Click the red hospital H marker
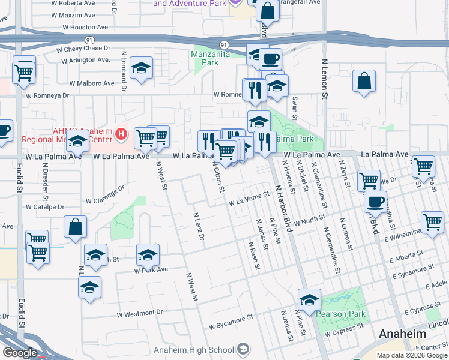coord(122,133)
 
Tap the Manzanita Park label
coord(206,58)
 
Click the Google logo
coord(19,353)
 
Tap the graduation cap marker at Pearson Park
coord(309,301)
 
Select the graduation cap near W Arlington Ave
coord(142,69)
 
